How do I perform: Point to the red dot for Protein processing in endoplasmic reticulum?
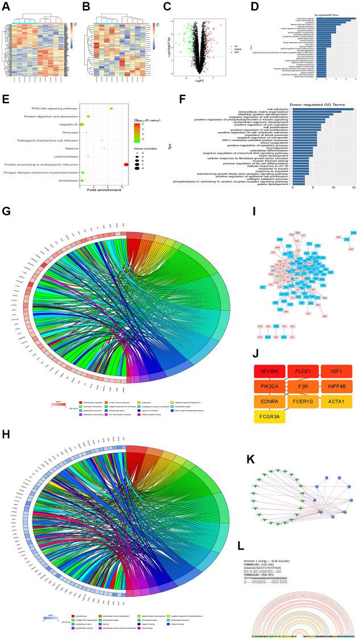tap(126, 164)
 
